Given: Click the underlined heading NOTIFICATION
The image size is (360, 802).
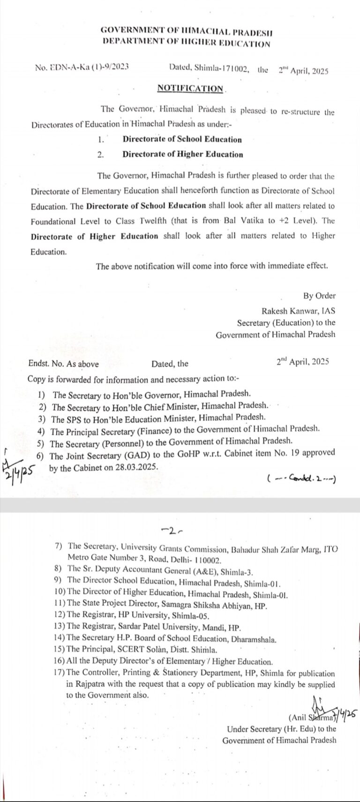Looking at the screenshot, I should tap(190, 88).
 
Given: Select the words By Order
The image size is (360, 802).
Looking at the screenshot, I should tap(320, 296).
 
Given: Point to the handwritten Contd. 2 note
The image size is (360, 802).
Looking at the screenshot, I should tap(302, 478).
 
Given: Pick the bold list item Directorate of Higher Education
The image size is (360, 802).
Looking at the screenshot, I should tap(183, 154).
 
